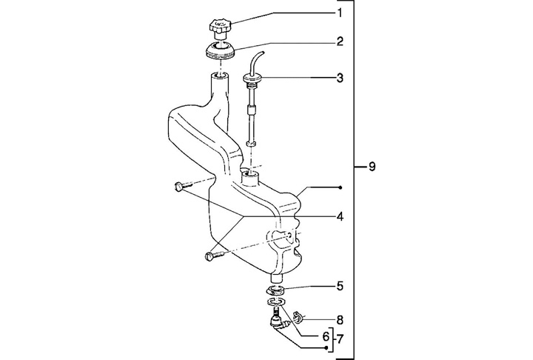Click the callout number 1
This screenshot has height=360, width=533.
[340, 13]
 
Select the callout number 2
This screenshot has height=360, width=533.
[340, 41]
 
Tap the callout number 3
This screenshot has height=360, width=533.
[340, 78]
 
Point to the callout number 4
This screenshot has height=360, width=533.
[340, 216]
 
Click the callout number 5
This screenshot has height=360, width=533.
[340, 286]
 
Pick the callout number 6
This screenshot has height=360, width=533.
[325, 337]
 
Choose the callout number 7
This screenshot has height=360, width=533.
[340, 339]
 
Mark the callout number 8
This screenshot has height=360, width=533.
[340, 320]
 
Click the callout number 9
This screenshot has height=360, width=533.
[372, 167]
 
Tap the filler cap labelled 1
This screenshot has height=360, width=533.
[220, 29]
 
